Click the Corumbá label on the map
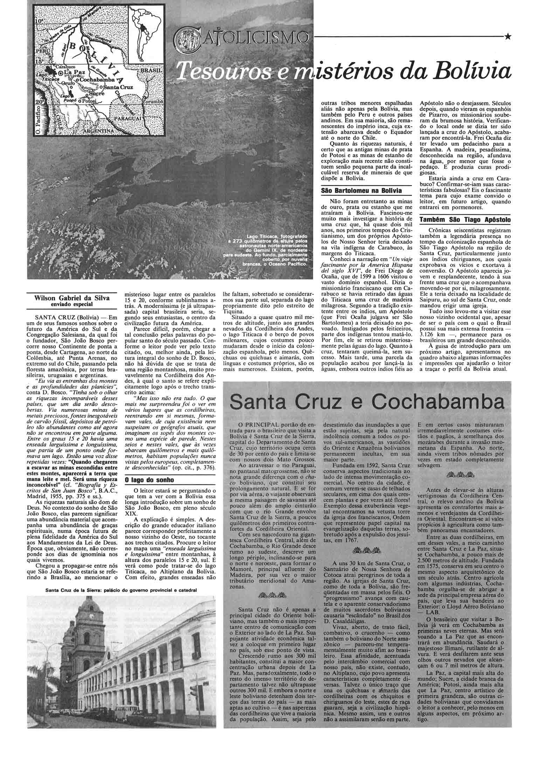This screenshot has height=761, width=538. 153,102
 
